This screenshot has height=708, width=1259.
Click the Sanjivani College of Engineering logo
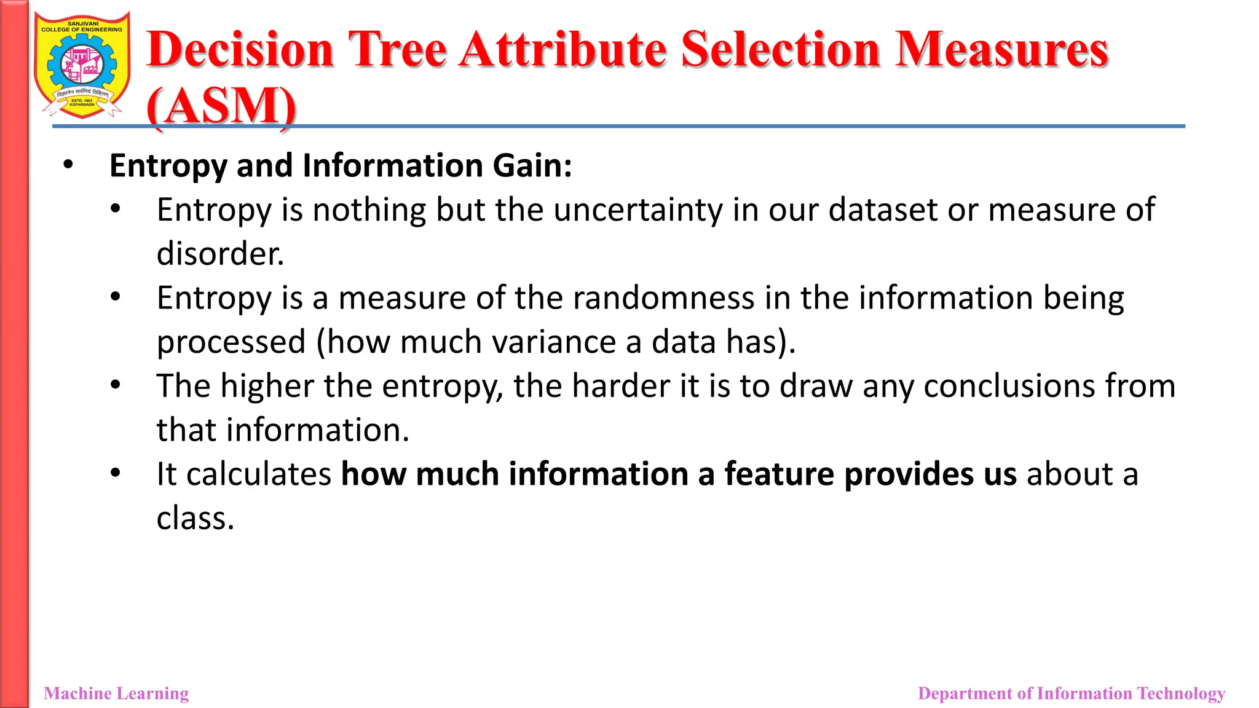point(82,65)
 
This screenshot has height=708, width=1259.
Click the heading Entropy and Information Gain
point(341,166)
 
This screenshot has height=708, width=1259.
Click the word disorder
point(220,254)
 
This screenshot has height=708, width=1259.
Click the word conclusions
point(1009,387)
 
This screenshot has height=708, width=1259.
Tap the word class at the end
point(195,519)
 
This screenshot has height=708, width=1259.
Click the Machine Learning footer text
point(116,693)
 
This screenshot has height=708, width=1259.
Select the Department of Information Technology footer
point(1071,693)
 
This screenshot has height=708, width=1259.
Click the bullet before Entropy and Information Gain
point(68,165)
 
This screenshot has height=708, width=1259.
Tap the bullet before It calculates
point(116,473)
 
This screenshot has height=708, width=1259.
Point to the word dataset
point(883,210)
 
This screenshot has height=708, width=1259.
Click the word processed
point(231,342)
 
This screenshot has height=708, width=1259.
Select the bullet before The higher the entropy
point(116,385)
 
